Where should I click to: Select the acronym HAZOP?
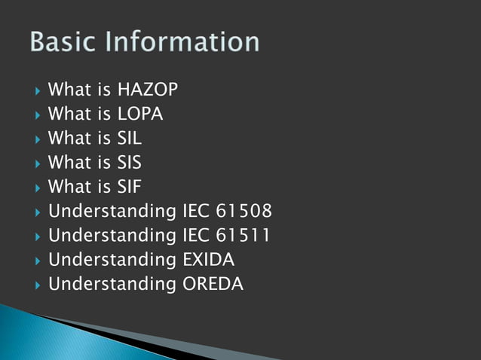tap(148, 91)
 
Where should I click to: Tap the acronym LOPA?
tap(140, 115)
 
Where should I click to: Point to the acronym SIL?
tap(130, 139)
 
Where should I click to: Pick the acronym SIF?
tap(130, 187)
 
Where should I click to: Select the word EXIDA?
tap(208, 260)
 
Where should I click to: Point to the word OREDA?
tap(213, 284)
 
